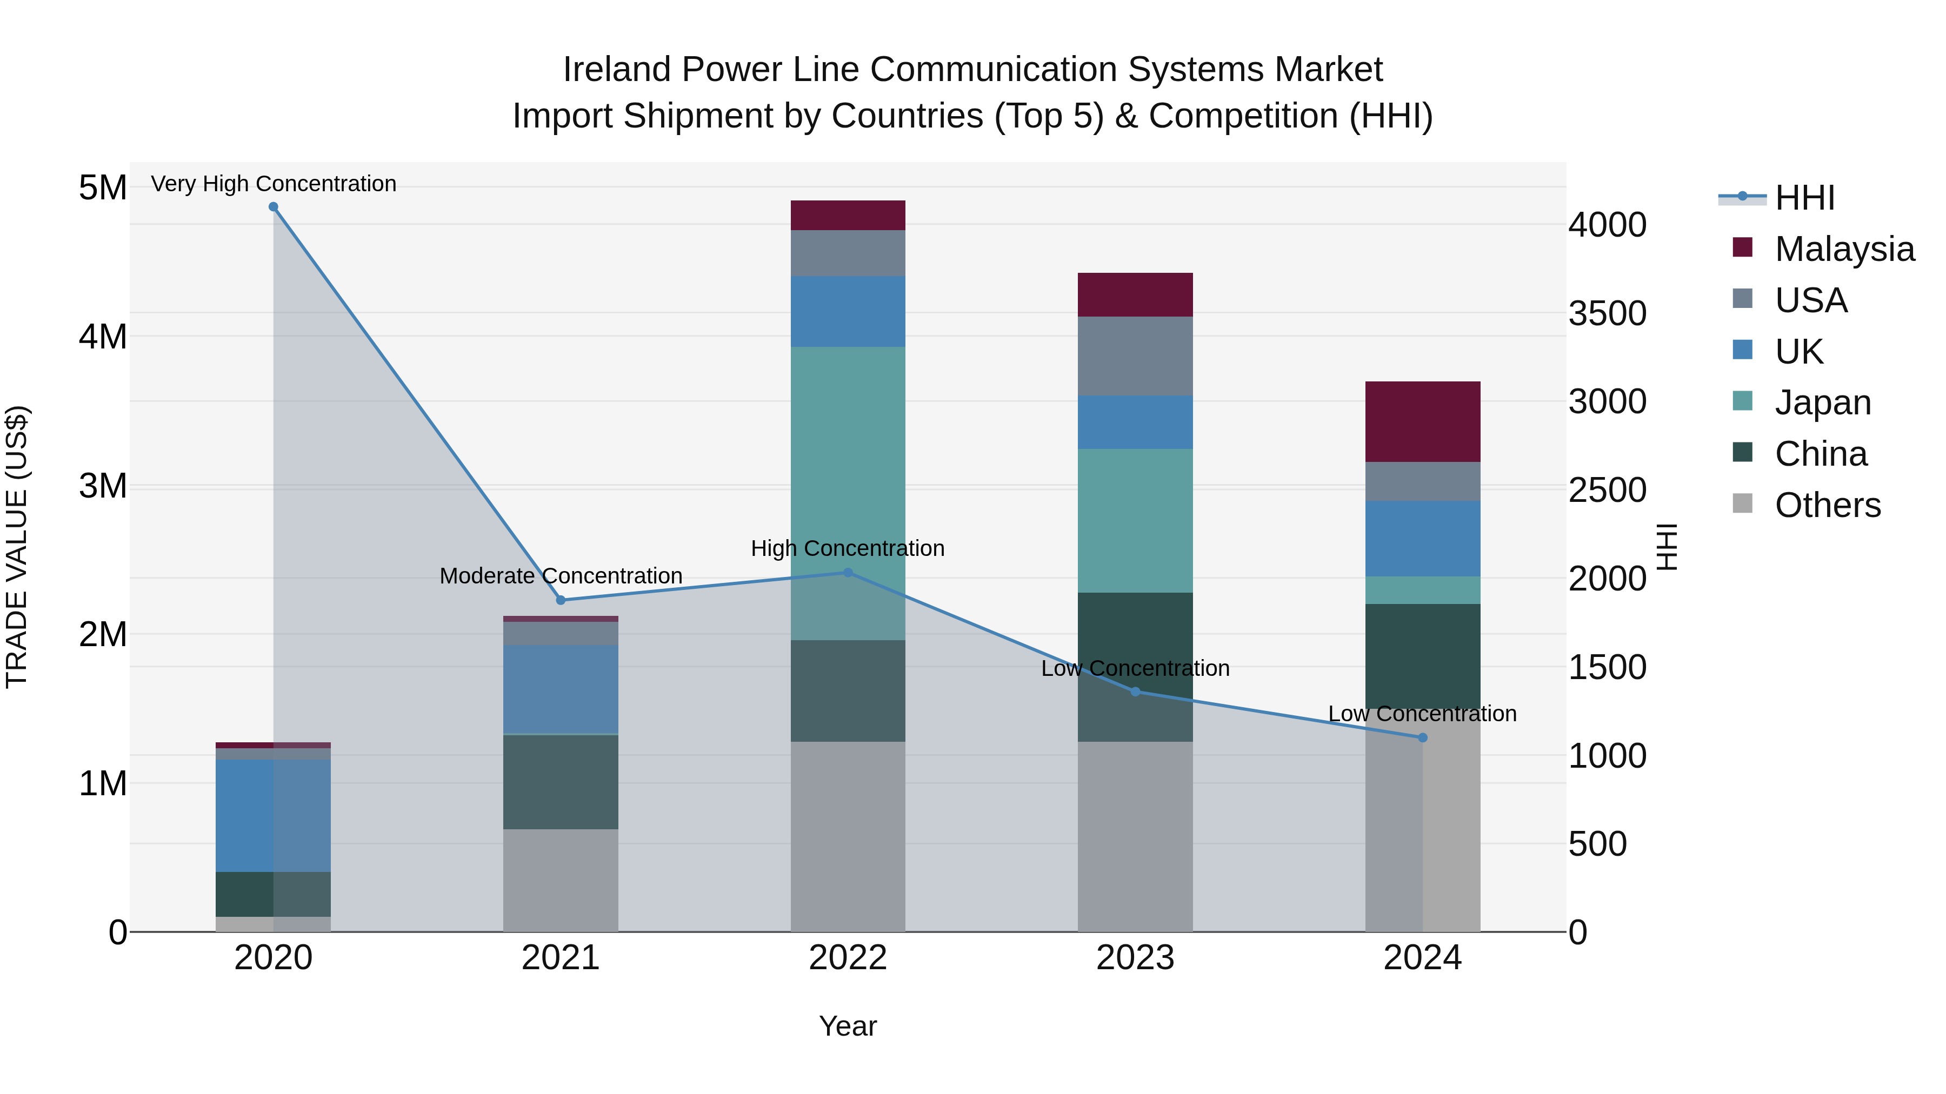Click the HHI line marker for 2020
[x=274, y=207]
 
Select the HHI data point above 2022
[x=848, y=573]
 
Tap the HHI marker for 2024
[x=1423, y=737]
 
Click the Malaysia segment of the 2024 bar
[x=1423, y=421]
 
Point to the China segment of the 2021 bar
[x=561, y=781]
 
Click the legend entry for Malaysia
[x=1844, y=249]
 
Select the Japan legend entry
[x=1822, y=402]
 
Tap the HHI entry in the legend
[x=1804, y=198]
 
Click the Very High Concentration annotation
[x=274, y=184]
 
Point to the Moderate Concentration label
[x=561, y=576]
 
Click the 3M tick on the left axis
[x=103, y=486]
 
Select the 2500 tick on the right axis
[x=1608, y=490]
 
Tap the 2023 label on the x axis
[x=1135, y=958]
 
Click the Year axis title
[x=848, y=1026]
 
